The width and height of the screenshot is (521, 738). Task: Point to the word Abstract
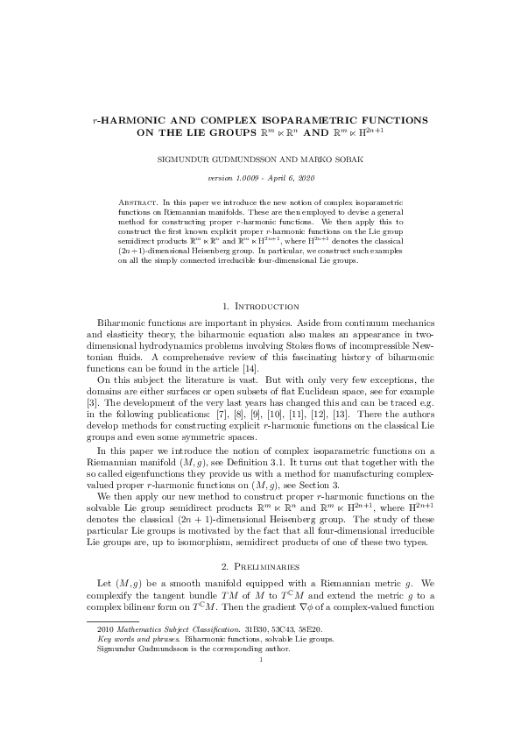(137, 202)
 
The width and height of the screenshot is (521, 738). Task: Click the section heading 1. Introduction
(261, 306)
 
